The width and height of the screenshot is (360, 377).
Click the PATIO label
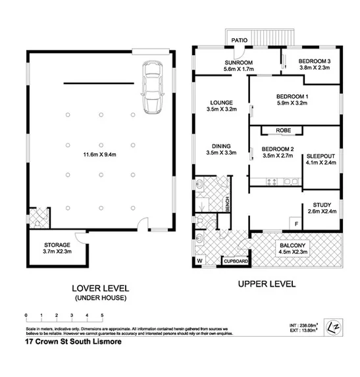click(x=239, y=41)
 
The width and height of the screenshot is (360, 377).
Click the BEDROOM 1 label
click(x=292, y=97)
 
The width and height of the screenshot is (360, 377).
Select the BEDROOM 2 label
click(x=276, y=149)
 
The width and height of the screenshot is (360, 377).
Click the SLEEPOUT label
click(x=321, y=156)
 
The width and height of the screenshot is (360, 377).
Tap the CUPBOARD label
click(x=236, y=261)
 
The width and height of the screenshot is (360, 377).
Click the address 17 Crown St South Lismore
click(x=73, y=342)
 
